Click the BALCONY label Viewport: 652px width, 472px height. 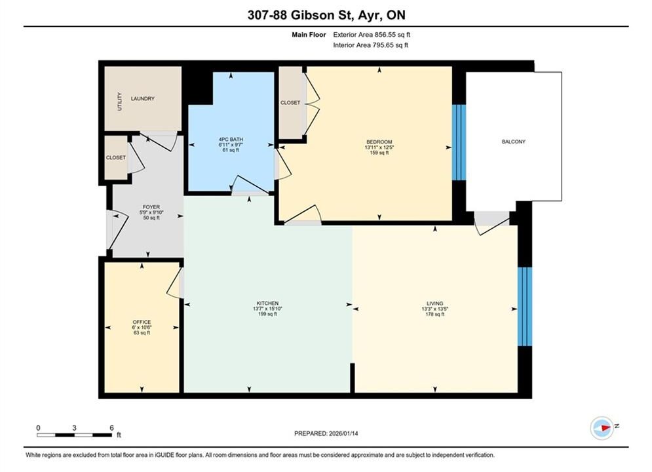[x=514, y=142]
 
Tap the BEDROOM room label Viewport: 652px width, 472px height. [x=379, y=142]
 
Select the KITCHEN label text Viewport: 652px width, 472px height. [x=267, y=304]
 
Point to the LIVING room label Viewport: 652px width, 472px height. [x=435, y=304]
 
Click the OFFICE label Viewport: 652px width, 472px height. [x=142, y=323]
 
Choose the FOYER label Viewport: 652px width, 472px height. [x=151, y=207]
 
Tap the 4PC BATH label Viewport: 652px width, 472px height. [x=231, y=140]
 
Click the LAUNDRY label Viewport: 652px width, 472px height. [x=143, y=98]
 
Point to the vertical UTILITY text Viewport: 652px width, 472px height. [x=120, y=101]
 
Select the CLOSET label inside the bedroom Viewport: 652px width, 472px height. [x=290, y=103]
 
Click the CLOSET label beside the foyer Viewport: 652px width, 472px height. [x=115, y=157]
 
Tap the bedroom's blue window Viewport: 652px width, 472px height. [x=459, y=142]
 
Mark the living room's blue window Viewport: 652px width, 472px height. [x=525, y=307]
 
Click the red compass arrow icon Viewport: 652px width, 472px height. [x=604, y=427]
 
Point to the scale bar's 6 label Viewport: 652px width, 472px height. [x=112, y=428]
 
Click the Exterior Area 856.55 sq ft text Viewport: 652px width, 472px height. [x=372, y=35]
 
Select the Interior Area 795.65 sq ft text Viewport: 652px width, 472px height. [x=370, y=45]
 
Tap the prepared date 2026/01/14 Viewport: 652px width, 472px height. [x=343, y=433]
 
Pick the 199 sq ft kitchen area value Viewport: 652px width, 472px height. [x=267, y=315]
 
